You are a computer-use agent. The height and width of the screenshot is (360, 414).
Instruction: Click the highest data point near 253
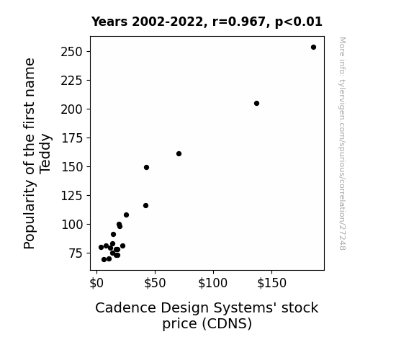(313, 48)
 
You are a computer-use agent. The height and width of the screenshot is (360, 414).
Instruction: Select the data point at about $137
(256, 103)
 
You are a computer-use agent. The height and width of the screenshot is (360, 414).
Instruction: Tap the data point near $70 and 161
(179, 153)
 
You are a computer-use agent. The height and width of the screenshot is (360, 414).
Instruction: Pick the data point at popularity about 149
(147, 168)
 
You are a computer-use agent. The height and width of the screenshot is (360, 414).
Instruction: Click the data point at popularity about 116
(145, 205)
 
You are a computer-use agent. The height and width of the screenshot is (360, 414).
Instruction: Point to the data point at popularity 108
(126, 215)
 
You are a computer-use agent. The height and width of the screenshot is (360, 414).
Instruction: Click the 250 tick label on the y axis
(71, 52)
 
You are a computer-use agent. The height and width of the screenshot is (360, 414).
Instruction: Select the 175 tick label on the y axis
(71, 138)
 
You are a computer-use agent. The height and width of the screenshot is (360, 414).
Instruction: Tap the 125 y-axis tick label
(71, 196)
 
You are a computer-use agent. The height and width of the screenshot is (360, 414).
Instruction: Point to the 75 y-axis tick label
(76, 253)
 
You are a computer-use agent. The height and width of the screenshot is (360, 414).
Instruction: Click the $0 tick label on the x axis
(96, 283)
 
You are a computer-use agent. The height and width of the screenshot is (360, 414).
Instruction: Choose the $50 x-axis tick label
(155, 283)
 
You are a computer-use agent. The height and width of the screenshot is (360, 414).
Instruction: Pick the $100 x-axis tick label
(213, 283)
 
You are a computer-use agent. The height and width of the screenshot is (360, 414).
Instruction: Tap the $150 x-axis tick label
(271, 283)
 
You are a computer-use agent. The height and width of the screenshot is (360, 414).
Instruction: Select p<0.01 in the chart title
(299, 22)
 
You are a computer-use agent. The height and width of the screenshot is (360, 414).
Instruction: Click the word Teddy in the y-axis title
(45, 153)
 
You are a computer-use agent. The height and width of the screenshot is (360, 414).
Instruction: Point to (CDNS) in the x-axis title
(227, 324)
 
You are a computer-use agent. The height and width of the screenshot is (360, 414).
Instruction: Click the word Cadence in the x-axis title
(126, 307)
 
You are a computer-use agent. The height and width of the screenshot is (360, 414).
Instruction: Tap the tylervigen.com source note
(342, 143)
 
